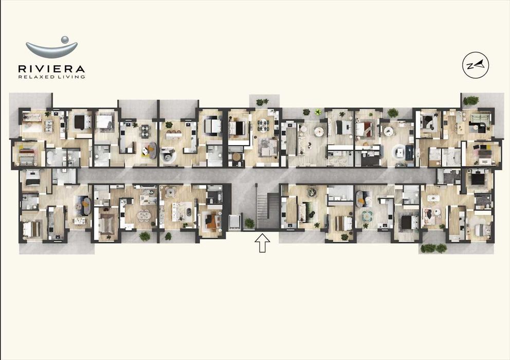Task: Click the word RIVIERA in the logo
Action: click(51, 68)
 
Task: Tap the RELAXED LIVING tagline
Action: click(51, 77)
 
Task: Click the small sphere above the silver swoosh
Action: click(64, 39)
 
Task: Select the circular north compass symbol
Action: click(475, 65)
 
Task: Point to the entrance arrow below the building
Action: click(262, 243)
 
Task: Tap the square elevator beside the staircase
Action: click(234, 221)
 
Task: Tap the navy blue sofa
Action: click(409, 152)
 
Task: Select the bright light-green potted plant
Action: click(318, 112)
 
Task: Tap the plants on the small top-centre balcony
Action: click(262, 102)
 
